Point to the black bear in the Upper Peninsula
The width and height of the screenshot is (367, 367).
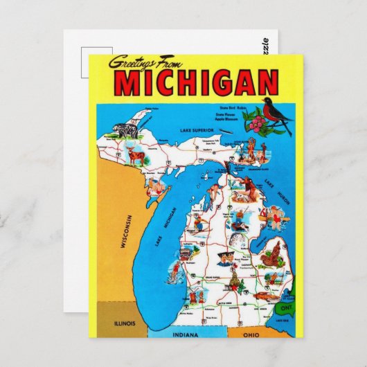pyautogui.click(x=127, y=132)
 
